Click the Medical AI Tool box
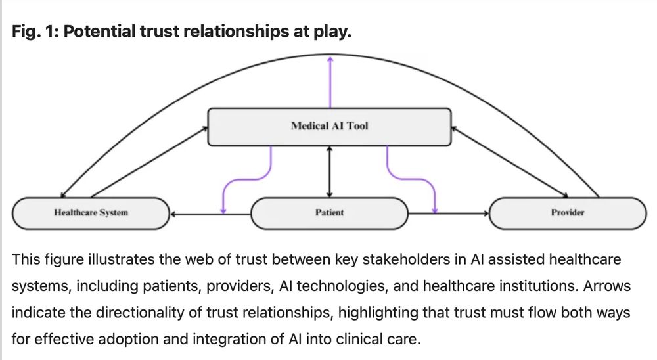pyautogui.click(x=329, y=126)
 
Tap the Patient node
pyautogui.click(x=329, y=213)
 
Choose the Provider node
pyautogui.click(x=568, y=213)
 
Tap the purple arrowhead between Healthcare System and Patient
pyautogui.click(x=223, y=210)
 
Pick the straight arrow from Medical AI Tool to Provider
pyautogui.click(x=510, y=162)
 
